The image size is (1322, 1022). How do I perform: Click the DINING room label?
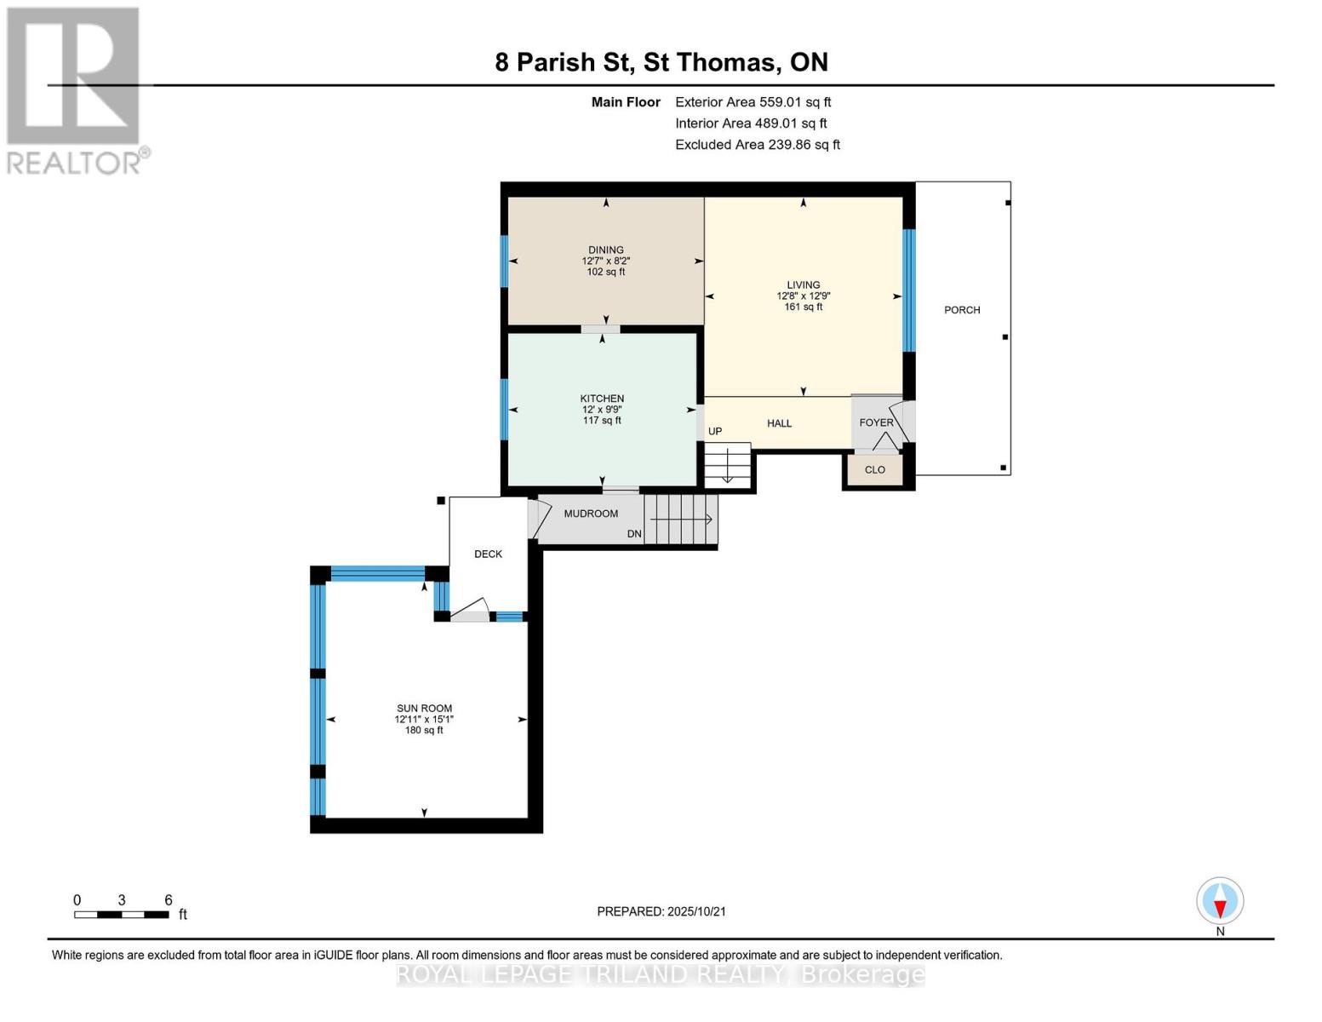[x=605, y=250]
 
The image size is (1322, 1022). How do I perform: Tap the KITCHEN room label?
[x=602, y=398]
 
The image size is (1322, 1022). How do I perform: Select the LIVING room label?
[x=803, y=284]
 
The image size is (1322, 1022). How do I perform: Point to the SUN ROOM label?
[x=424, y=709]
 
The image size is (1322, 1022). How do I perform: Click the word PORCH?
[x=962, y=310]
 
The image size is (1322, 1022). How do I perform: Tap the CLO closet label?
[x=875, y=470]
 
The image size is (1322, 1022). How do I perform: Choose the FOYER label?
[x=876, y=422]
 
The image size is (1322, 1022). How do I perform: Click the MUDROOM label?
[x=591, y=514]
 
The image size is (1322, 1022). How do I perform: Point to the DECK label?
[x=488, y=554]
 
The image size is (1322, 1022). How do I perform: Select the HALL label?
[x=780, y=423]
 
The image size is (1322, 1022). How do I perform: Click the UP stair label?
[x=715, y=432]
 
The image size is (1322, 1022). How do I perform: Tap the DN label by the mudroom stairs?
[x=634, y=534]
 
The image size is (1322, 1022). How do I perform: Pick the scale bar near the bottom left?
[x=122, y=915]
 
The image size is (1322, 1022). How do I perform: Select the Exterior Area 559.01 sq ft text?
[x=753, y=102]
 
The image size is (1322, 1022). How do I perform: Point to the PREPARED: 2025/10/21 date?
[x=661, y=912]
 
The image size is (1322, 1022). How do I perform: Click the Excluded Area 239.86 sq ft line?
[x=758, y=145]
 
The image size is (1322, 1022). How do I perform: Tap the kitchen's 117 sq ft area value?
[x=602, y=421]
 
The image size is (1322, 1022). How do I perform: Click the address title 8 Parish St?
[x=562, y=62]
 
